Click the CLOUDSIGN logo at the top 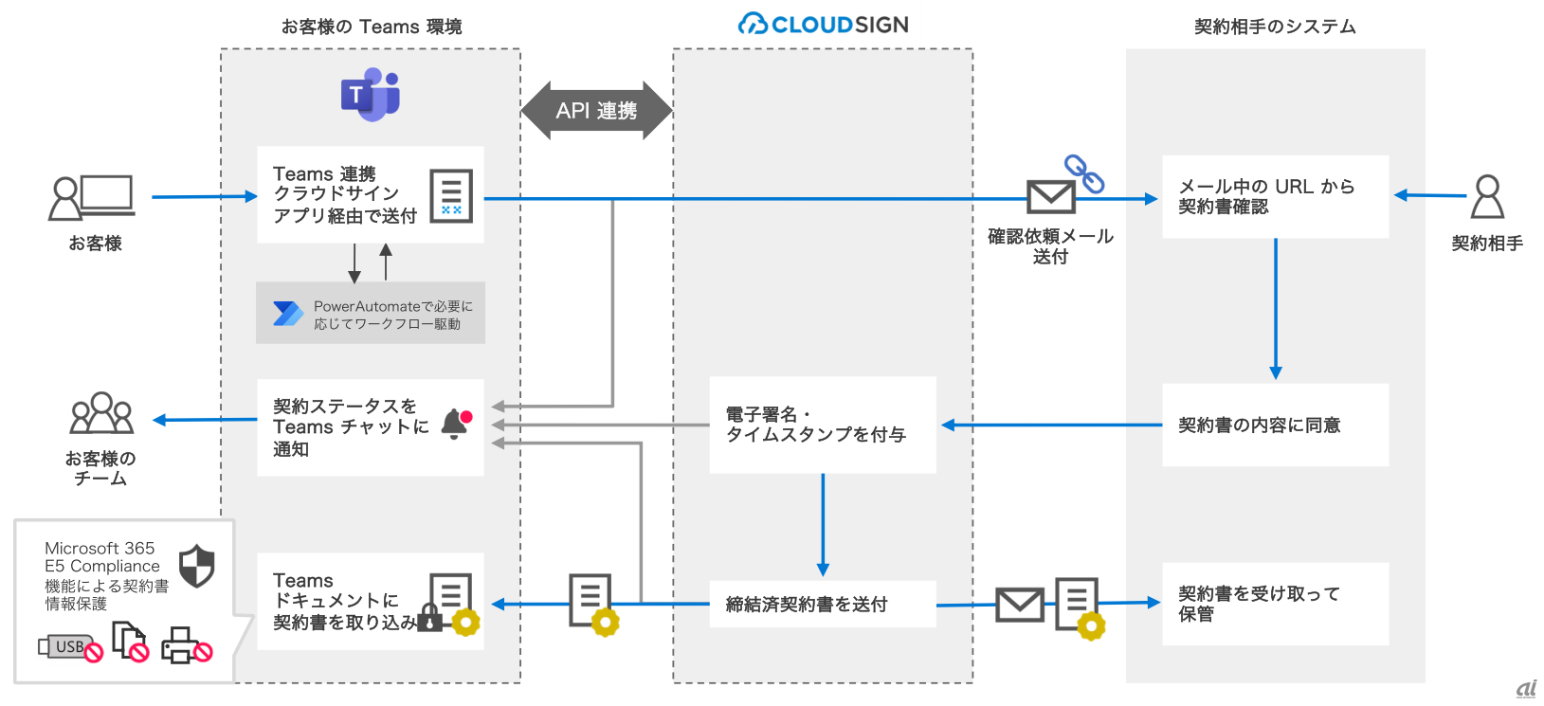[823, 25]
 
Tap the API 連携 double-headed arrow [596, 111]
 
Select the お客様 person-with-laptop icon [91, 197]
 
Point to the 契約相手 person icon [1487, 196]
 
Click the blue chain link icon [1084, 173]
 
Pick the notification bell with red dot [456, 424]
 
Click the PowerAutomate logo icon [287, 314]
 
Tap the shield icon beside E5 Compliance [197, 566]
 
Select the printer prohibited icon [186, 645]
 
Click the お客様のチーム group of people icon [101, 413]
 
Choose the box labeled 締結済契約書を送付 [823, 604]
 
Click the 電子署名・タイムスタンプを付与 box [823, 425]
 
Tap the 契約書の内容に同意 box [1275, 425]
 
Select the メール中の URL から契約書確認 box [1275, 196]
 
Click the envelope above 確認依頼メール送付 [1050, 197]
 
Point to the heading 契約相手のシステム [1275, 27]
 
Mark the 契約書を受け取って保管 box [1275, 604]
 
